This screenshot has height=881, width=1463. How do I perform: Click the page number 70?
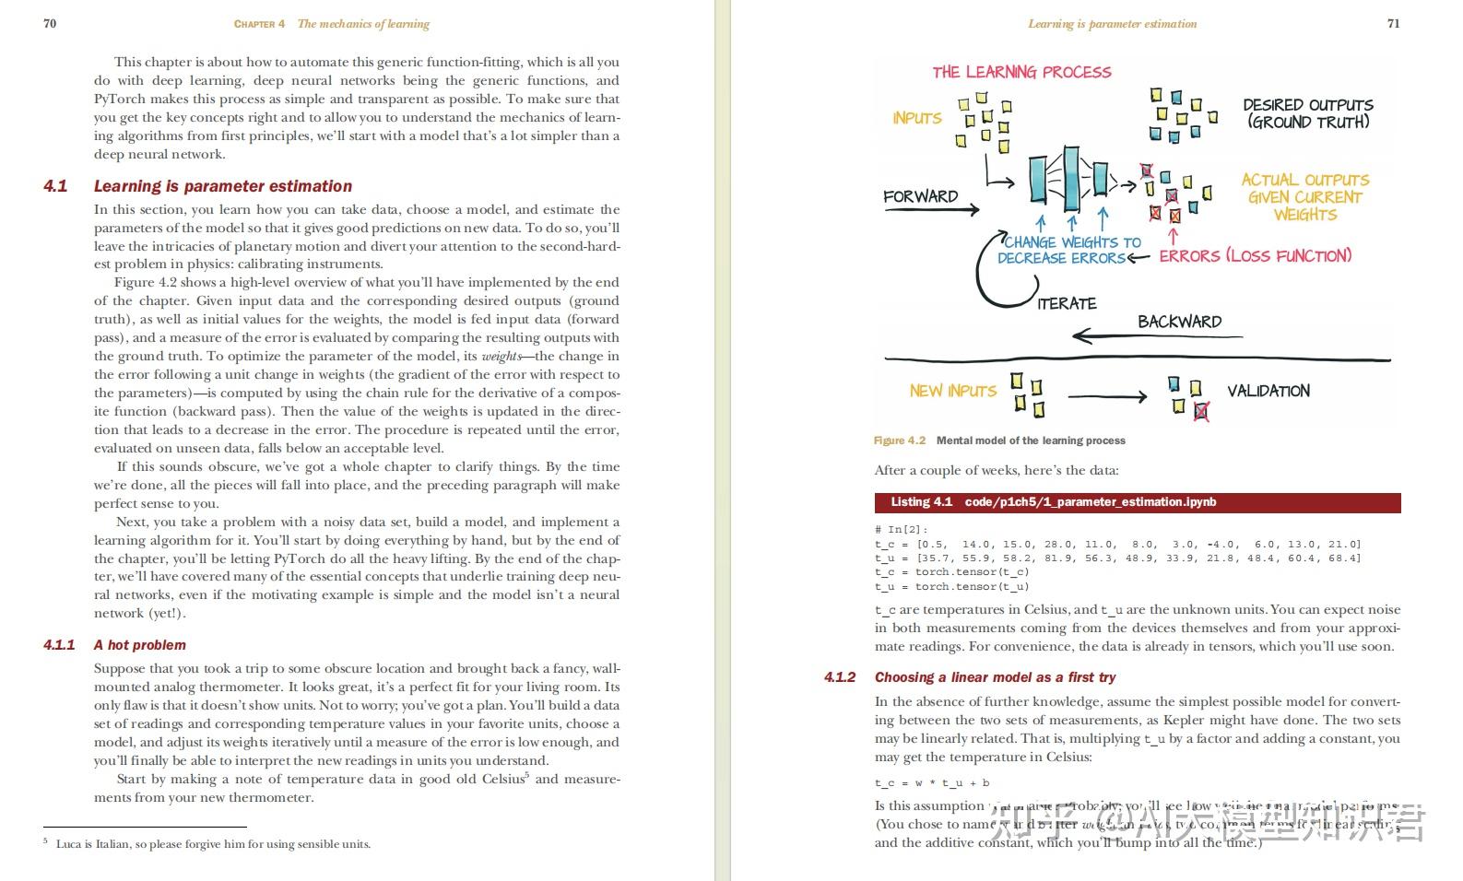(50, 23)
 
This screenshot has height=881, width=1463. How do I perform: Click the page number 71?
(1393, 23)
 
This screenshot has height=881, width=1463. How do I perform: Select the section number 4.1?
(55, 186)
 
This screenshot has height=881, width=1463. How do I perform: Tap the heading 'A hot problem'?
(139, 645)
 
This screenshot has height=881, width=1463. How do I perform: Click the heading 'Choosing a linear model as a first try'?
(995, 677)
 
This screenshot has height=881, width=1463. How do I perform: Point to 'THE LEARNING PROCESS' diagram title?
(1021, 72)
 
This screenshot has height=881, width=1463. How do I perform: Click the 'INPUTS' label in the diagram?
(916, 118)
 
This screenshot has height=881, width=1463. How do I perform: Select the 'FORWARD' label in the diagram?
(920, 196)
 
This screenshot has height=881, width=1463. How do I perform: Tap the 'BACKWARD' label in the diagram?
(1179, 322)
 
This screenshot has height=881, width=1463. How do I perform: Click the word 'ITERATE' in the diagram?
(1067, 303)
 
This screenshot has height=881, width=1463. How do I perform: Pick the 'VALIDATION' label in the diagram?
(1268, 391)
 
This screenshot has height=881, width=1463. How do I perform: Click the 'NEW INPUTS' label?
(952, 391)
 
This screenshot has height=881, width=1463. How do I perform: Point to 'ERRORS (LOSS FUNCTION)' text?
(1255, 255)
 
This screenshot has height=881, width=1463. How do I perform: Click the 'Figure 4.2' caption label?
(899, 440)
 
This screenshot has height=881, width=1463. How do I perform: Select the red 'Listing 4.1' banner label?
(921, 502)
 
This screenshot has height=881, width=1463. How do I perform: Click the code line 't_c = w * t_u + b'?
(932, 783)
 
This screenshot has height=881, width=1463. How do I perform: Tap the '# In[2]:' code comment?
(902, 530)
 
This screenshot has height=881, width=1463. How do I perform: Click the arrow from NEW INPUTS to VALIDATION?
(1106, 397)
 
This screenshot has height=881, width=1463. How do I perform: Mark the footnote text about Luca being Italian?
(213, 844)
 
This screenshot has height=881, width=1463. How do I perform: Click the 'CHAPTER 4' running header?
(259, 24)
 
